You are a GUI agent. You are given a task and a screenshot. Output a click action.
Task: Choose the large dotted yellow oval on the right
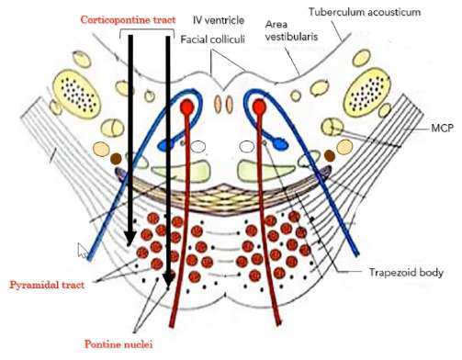coord(376,92)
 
